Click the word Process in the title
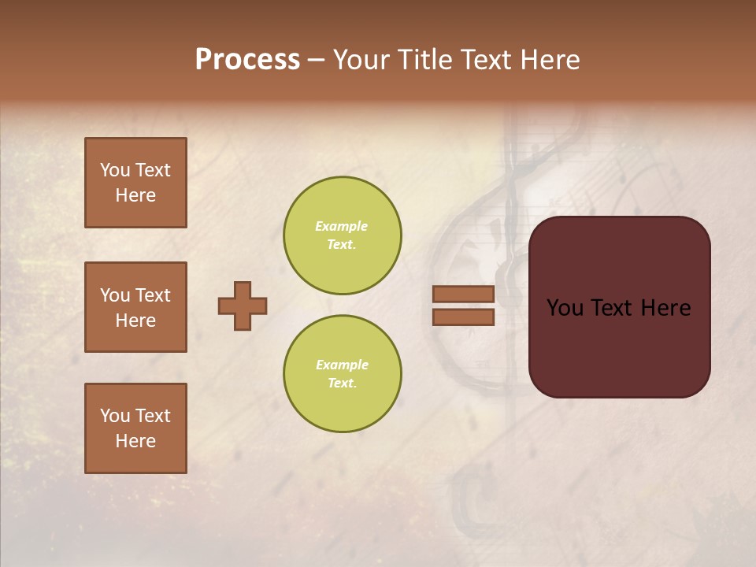click(x=247, y=60)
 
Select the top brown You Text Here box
click(x=135, y=183)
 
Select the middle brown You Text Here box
click(x=135, y=307)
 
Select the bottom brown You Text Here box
click(x=135, y=428)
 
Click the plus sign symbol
click(x=243, y=306)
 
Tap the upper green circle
click(x=342, y=235)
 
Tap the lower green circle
click(x=342, y=373)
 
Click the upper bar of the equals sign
click(x=463, y=294)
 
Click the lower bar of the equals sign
click(x=463, y=317)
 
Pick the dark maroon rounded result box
click(x=619, y=307)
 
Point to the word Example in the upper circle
click(x=341, y=226)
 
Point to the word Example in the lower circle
click(x=342, y=365)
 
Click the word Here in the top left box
click(x=135, y=195)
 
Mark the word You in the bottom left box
click(x=115, y=416)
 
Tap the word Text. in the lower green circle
click(x=342, y=383)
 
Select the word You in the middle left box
click(x=115, y=295)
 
